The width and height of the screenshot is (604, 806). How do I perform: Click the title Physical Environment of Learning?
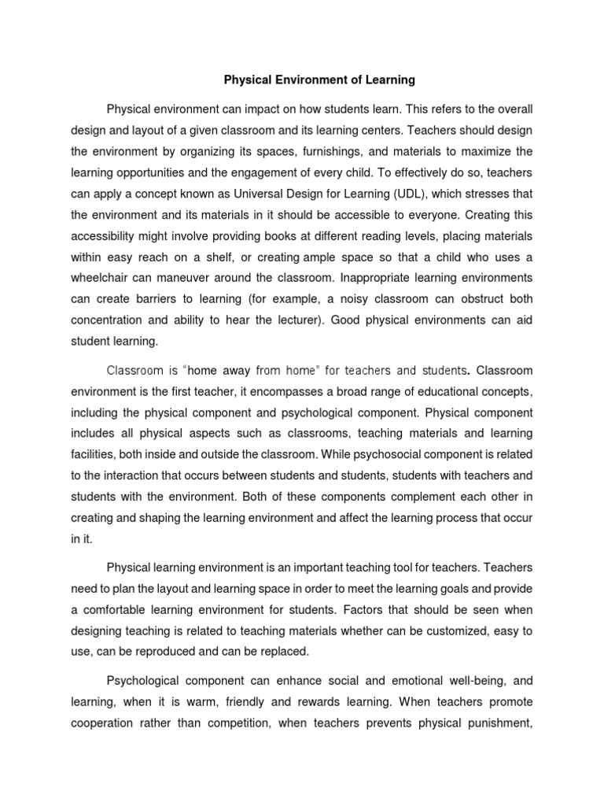coord(319,80)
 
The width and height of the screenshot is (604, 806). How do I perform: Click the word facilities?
coord(91,455)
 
